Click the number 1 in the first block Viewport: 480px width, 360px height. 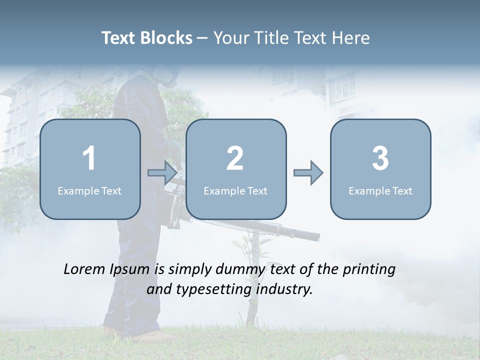pos(89,158)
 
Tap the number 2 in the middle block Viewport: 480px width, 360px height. pos(235,158)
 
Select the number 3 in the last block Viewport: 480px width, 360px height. pos(380,158)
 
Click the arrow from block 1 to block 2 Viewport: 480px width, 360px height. pos(162,173)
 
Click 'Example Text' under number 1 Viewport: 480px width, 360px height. pos(89,190)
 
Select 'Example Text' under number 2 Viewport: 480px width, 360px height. pos(235,190)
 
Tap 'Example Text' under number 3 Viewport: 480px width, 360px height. pos(380,190)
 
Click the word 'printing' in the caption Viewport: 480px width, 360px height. pos(369,270)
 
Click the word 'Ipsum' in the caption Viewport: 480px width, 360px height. pos(130,270)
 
